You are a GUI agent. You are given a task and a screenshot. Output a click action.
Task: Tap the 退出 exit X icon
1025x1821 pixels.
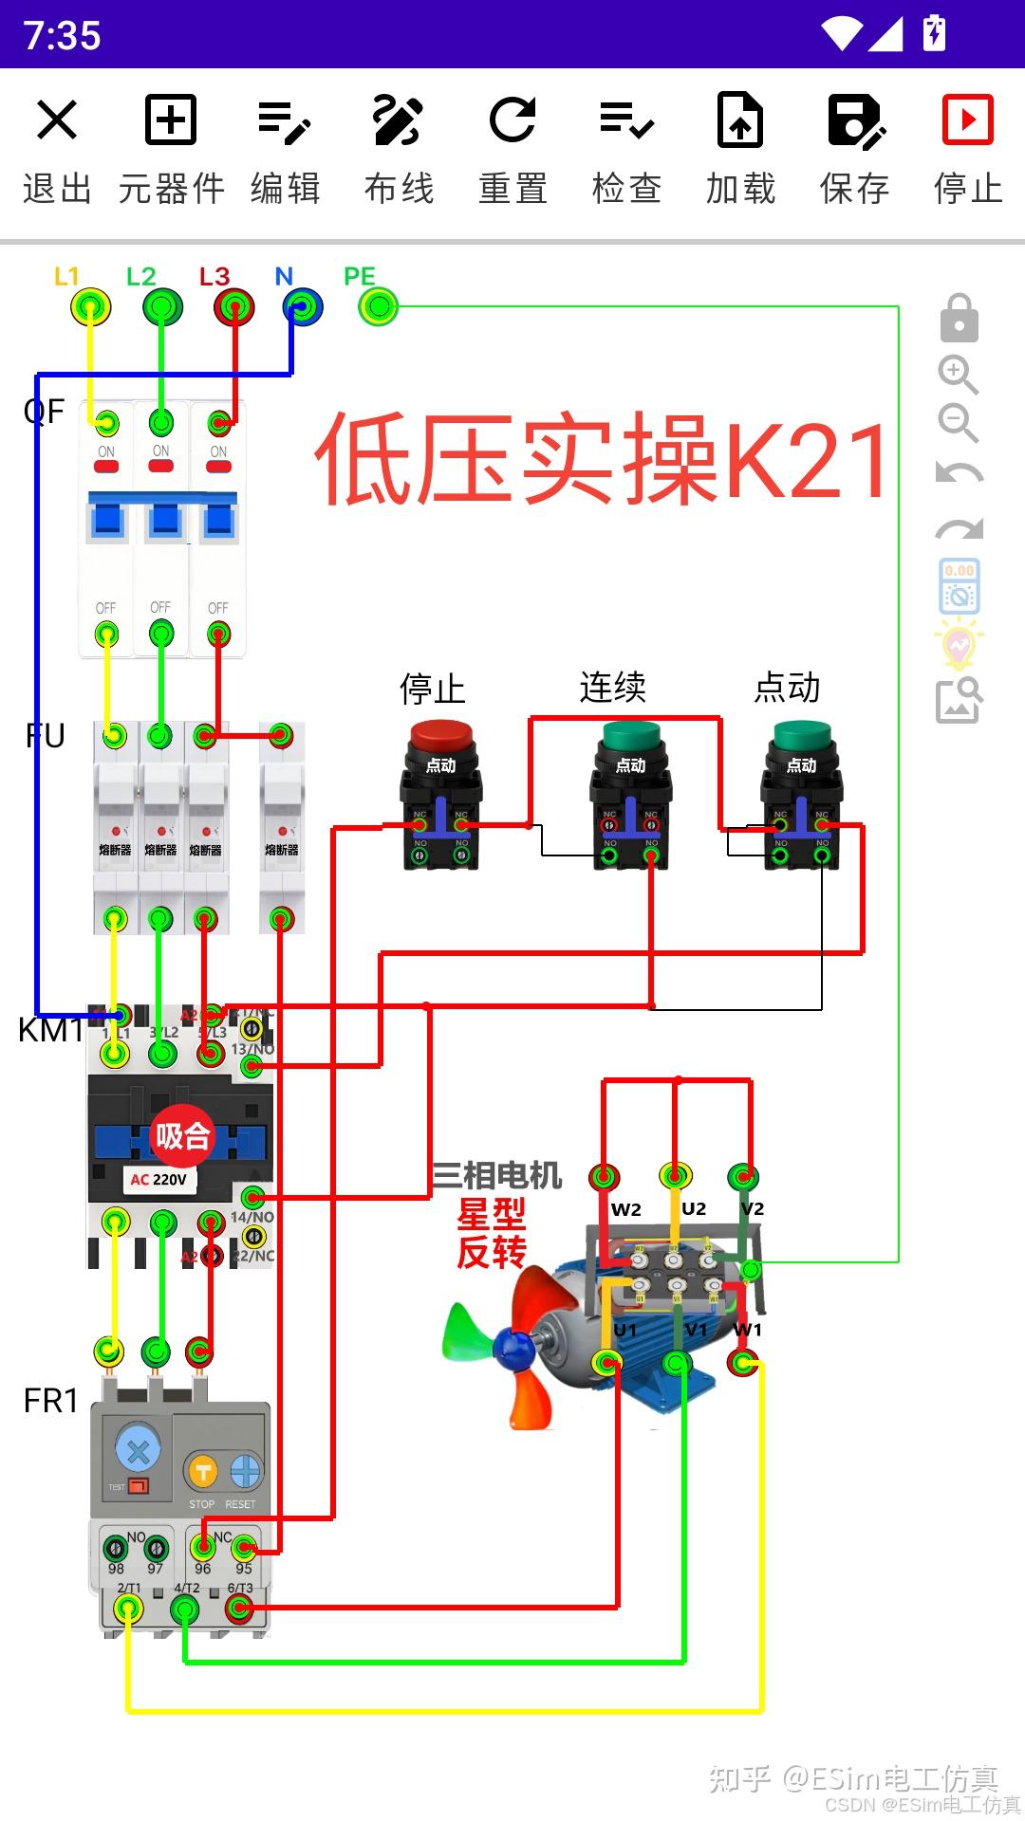coord(57,120)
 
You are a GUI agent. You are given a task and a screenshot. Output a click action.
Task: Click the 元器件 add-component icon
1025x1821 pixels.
coord(171,120)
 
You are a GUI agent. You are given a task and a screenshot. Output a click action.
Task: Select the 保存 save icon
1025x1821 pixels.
coord(855,120)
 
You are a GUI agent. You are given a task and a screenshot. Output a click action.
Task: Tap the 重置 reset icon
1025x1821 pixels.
coord(512,120)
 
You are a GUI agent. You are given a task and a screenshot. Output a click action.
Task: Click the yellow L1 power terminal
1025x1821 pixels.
coord(90,307)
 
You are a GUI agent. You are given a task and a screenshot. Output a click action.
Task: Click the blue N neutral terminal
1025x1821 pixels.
coord(303,307)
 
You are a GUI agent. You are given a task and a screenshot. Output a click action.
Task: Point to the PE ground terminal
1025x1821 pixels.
coord(379,307)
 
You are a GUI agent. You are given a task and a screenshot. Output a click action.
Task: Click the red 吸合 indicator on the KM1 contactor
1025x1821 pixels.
coord(181,1135)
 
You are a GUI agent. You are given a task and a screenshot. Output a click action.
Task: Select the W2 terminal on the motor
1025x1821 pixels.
coord(605,1178)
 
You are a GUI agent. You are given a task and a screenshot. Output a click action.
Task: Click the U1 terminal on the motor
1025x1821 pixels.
coord(606,1364)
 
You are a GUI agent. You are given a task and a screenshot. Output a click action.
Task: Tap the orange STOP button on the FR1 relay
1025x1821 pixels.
coord(202,1472)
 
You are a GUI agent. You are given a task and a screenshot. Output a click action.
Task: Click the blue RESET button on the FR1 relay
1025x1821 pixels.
coord(245,1472)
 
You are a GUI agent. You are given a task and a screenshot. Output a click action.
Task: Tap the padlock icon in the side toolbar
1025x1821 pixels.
coord(959,319)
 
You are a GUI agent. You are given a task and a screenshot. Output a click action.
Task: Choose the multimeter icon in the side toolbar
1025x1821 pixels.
coord(959,586)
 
